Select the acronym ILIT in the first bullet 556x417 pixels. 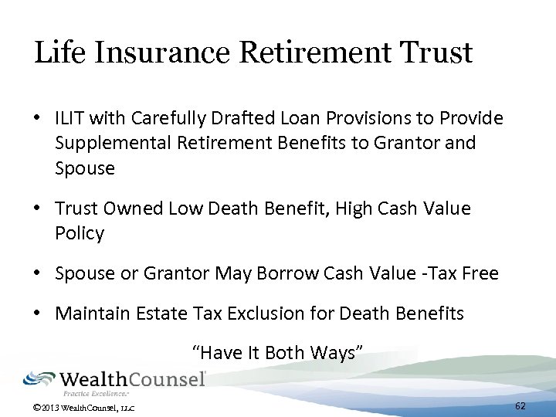tap(70, 118)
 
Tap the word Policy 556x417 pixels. tap(79, 233)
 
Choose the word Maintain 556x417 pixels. tap(91, 314)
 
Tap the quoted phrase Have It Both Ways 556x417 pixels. tap(277, 353)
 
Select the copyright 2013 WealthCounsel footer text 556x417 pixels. tap(80, 405)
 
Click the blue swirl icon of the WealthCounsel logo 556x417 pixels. tap(39, 378)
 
